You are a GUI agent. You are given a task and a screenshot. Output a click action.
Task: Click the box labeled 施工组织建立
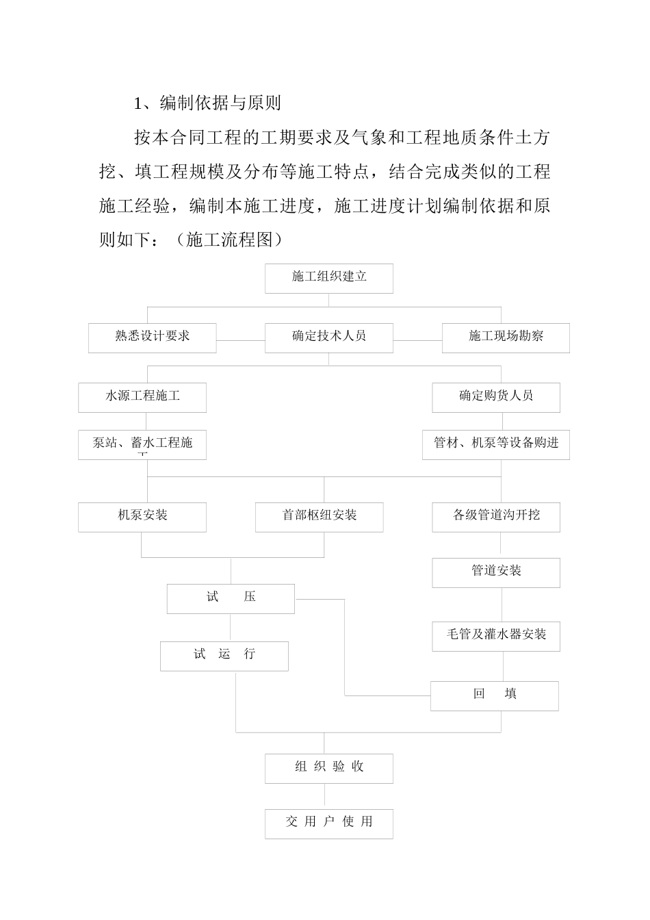[x=328, y=278]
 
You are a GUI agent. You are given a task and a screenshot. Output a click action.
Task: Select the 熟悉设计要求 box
[x=152, y=337]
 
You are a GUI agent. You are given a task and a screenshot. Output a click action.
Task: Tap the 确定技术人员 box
[x=328, y=337]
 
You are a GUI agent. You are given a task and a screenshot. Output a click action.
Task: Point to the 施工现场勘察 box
[x=505, y=337]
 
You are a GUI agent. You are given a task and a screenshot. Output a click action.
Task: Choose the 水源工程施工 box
[x=142, y=397]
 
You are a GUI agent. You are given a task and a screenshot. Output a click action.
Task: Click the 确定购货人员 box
[x=495, y=397]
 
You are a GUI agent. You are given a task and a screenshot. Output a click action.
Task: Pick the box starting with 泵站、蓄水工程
[x=142, y=444]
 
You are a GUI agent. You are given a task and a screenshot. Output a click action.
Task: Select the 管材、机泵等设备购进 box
[x=495, y=444]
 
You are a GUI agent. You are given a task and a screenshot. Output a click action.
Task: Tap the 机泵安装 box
[x=142, y=517]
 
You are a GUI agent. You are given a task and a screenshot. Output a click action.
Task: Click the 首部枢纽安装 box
[x=319, y=517]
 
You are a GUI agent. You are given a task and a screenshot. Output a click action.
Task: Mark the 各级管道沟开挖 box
[x=495, y=517]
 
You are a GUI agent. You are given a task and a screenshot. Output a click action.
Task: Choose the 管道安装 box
[x=495, y=572]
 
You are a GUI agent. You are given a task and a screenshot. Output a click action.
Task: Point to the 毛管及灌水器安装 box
[x=495, y=636]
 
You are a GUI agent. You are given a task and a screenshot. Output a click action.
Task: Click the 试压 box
[x=231, y=598]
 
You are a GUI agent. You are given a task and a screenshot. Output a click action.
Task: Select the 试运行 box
[x=224, y=656]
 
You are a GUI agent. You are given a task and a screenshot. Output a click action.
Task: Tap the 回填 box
[x=494, y=695]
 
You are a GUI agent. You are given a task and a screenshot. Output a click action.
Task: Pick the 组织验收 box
[x=328, y=768]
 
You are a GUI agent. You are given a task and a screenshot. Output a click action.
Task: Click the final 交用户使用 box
[x=328, y=823]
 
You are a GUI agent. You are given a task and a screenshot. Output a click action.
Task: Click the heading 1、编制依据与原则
[x=207, y=103]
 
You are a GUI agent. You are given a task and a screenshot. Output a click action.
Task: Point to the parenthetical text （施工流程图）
[x=229, y=240]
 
